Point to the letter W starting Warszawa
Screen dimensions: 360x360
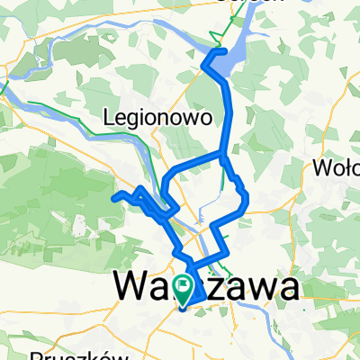coord(130,289)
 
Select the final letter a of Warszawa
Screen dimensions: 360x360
coord(287,289)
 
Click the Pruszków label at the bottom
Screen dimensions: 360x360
coord(73,355)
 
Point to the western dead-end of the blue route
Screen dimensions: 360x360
coord(112,196)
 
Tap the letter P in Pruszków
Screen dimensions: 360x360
coord(37,355)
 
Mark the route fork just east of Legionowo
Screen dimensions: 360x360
coord(223,157)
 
